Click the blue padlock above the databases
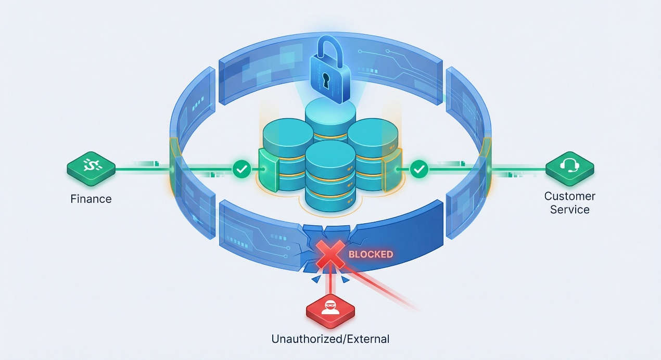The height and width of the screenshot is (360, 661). (329, 73)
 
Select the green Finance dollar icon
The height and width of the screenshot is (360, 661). (91, 168)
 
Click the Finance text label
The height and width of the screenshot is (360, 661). (91, 199)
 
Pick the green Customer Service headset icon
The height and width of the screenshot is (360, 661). (569, 168)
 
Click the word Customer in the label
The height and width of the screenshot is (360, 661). (569, 196)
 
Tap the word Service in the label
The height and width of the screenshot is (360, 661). (569, 210)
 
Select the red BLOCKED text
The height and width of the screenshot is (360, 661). (371, 254)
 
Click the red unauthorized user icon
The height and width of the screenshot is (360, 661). (330, 307)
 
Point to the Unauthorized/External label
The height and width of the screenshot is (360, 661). (330, 339)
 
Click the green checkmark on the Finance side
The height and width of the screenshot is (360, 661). (241, 169)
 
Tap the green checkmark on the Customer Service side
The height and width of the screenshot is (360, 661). (419, 169)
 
